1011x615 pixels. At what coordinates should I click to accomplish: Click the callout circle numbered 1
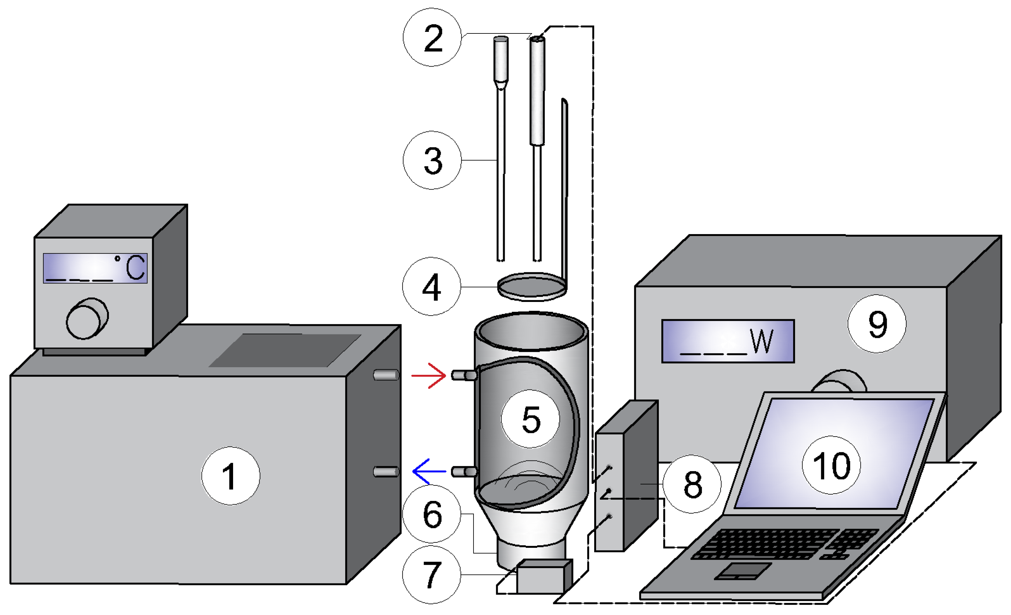point(230,476)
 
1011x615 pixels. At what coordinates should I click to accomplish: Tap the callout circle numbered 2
point(432,37)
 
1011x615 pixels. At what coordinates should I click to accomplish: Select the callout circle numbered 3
point(432,161)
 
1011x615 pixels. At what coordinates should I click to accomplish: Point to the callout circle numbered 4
point(431,287)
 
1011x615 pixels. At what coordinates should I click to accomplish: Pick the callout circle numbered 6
point(432,514)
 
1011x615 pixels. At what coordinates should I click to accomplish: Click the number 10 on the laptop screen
point(831,466)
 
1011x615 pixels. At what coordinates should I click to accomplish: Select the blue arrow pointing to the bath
point(429,471)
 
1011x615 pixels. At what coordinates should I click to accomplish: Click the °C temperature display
point(95,268)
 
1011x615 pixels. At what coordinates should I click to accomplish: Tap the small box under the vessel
point(544,577)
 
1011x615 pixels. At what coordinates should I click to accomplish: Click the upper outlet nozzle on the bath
point(386,375)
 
